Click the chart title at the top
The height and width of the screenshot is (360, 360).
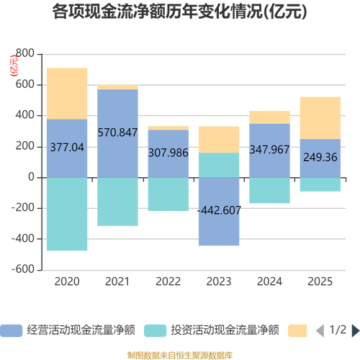180,12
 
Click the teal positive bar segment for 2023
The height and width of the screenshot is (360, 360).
219,164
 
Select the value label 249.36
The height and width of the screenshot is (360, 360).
320,158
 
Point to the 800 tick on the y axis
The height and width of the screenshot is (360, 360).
24,54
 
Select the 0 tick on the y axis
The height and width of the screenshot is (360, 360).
31,177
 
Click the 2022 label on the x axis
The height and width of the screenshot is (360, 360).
168,282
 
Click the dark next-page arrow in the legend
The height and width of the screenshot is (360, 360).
354,330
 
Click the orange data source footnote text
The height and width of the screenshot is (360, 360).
180,354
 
